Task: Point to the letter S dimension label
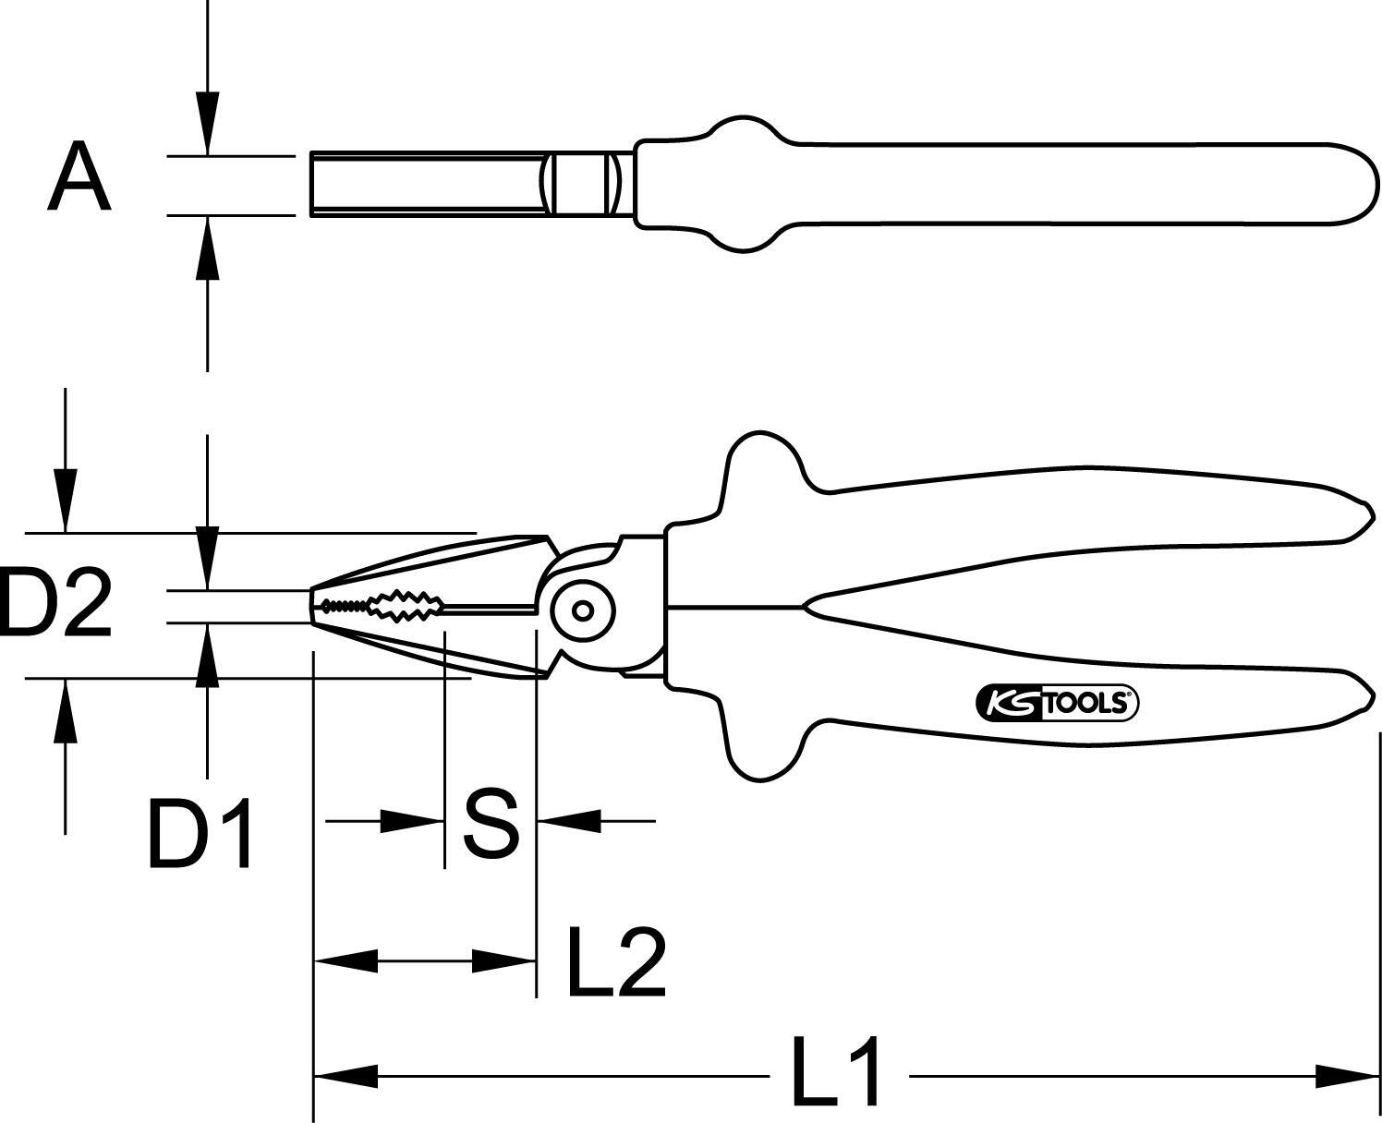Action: [x=491, y=822]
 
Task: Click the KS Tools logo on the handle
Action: [x=1057, y=704]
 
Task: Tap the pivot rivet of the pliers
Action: [x=583, y=610]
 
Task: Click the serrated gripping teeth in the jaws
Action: [x=380, y=607]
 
